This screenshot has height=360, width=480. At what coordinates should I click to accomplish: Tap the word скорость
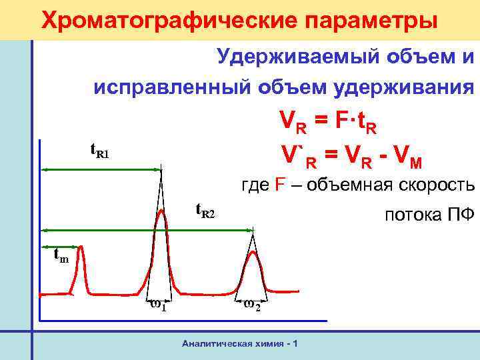tap(437, 186)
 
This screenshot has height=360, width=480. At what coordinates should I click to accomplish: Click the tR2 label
tap(205, 211)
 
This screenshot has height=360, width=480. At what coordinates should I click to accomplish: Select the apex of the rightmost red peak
tap(253, 252)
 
